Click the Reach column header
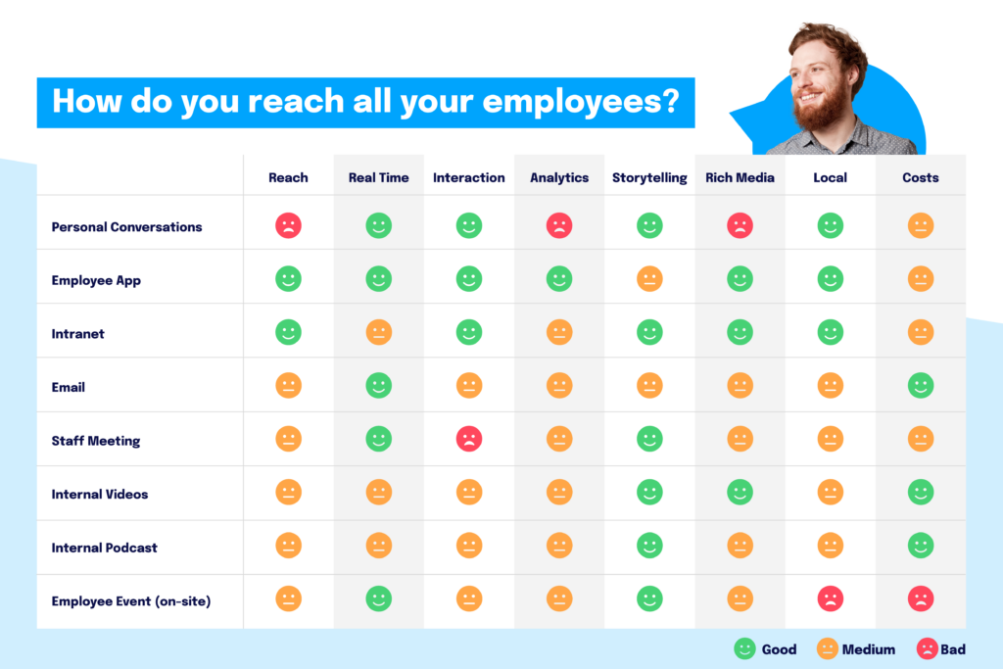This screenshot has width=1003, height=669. coord(288,178)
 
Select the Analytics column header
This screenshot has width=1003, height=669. coord(559,178)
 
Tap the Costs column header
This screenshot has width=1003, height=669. coord(921,178)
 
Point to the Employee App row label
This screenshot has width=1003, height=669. coord(96,280)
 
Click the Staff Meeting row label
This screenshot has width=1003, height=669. coord(96,441)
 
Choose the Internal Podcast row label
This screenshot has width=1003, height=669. coord(105,548)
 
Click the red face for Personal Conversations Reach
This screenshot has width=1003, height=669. coord(288,226)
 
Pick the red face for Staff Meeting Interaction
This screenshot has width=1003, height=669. coord(469,439)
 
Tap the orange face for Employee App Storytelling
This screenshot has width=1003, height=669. coord(649,279)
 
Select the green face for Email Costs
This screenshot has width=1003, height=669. coord(921,385)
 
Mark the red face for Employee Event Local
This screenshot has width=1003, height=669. coord(831,598)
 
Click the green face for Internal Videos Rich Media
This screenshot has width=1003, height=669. coord(740,492)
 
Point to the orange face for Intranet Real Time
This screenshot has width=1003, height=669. coord(379,332)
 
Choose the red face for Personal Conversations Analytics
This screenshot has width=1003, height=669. coord(559,226)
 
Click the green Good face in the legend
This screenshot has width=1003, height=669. coord(744,648)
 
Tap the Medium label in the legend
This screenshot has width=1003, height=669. coord(868,649)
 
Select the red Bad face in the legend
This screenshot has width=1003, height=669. coord(927,648)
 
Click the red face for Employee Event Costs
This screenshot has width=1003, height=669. coord(921,598)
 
